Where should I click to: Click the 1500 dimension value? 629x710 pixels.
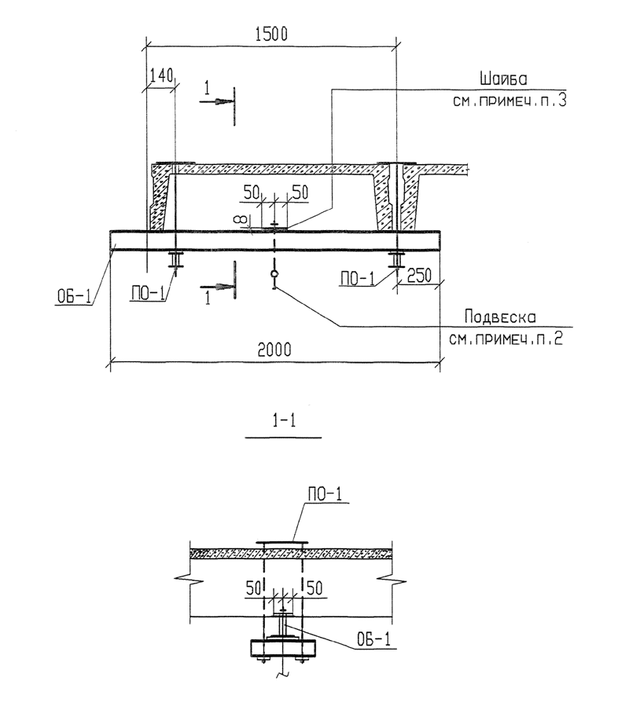coord(271,35)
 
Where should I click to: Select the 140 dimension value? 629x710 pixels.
coord(162,75)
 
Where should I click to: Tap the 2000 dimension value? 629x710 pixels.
coord(274,350)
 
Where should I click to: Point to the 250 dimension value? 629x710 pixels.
coord(419,276)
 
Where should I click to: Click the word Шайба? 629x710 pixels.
coord(503,79)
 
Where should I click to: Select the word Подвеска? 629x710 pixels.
coord(500,317)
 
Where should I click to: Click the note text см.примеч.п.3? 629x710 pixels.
coord(509,100)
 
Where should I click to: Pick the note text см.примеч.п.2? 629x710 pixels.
coord(506,339)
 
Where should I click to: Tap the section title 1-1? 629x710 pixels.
coord(284,421)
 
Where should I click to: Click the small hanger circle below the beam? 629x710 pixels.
coord(274,273)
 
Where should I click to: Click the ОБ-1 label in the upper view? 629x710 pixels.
coord(74,297)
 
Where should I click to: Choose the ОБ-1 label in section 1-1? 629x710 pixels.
coord(373,640)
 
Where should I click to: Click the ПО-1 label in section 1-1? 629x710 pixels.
coord(325,495)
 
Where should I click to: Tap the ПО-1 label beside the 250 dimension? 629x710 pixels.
coord(358,279)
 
